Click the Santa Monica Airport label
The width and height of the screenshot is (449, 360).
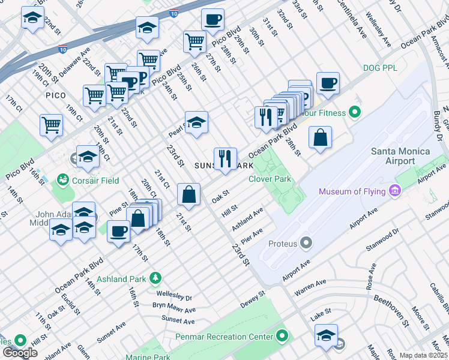[401, 155]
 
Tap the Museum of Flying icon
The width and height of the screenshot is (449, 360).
[395, 191]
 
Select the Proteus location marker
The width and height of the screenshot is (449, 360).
[307, 244]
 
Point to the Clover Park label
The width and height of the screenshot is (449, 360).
[270, 179]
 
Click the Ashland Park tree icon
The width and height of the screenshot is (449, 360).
[155, 278]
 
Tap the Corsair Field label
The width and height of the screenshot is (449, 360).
[95, 180]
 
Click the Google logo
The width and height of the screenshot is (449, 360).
[20, 353]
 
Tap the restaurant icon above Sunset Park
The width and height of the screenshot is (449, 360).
[225, 159]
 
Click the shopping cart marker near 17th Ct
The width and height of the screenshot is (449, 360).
[52, 125]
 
